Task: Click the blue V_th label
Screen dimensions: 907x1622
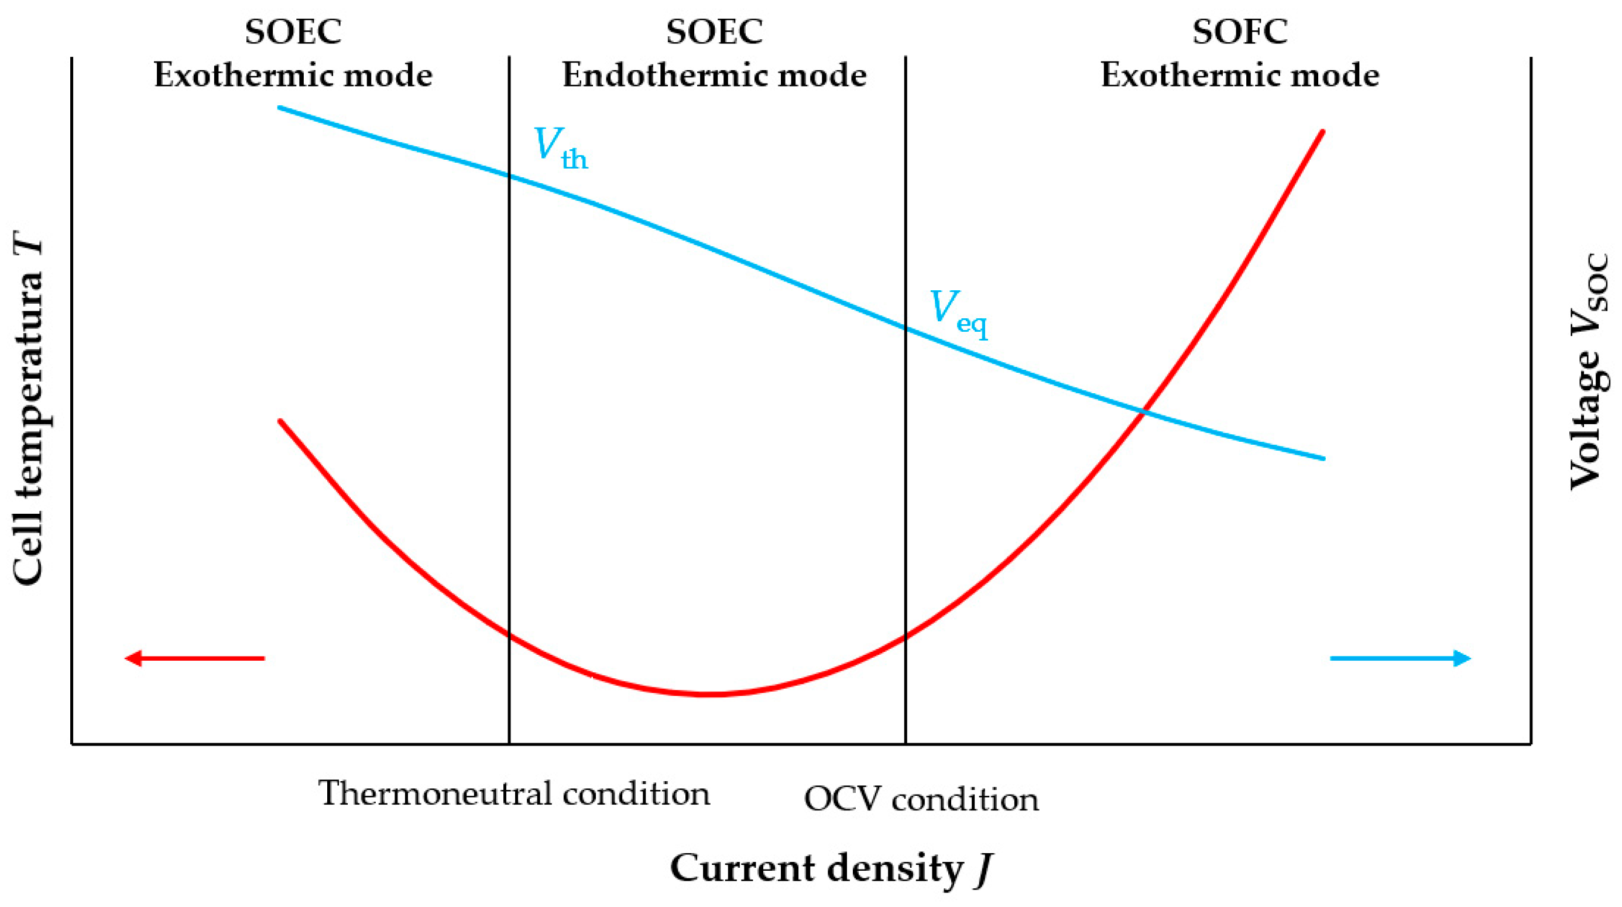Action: [560, 148]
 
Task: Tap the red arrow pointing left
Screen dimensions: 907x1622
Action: [194, 658]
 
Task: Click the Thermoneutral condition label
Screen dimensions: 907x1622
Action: [514, 793]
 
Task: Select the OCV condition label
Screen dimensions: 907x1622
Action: [921, 799]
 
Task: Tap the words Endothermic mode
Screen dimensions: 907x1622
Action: [714, 75]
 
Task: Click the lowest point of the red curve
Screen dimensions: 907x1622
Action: [708, 694]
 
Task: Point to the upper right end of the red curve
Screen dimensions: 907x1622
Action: [1322, 132]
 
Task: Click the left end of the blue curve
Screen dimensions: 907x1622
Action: [280, 108]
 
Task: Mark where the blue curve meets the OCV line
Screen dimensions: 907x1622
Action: [906, 328]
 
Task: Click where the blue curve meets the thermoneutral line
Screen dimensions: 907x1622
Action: [509, 176]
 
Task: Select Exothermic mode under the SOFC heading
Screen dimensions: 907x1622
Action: [1239, 75]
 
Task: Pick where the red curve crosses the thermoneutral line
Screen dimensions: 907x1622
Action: [509, 635]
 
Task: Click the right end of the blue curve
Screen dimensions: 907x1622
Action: [1323, 458]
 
